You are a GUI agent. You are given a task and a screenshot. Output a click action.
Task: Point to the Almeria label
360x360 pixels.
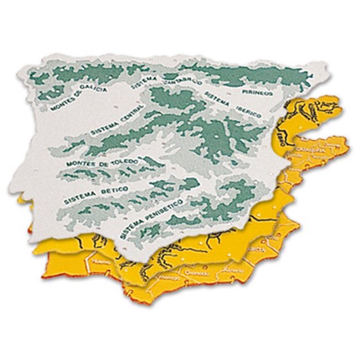(x=234, y=271)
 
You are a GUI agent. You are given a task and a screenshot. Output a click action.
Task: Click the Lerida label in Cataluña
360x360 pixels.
(x=296, y=155)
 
